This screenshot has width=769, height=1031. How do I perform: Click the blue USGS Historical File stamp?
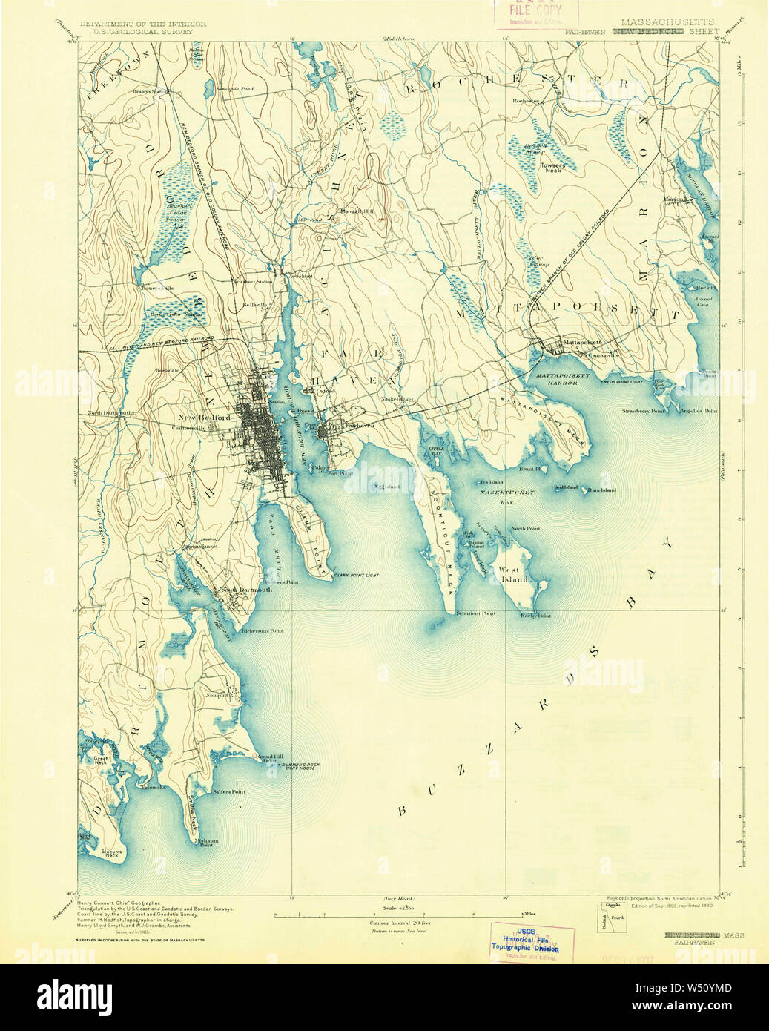coord(526,942)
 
